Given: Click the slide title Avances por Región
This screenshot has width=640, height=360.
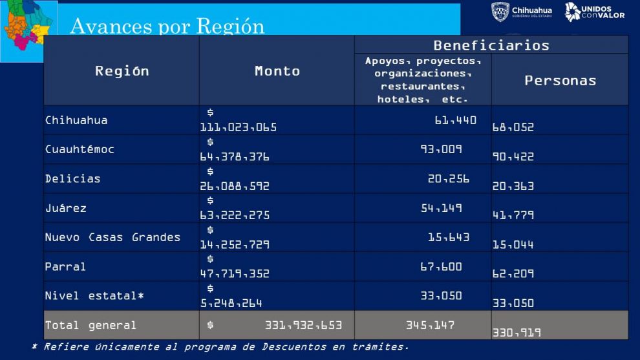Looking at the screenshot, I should pyautogui.click(x=167, y=26).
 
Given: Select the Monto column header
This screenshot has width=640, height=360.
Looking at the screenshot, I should pyautogui.click(x=277, y=71).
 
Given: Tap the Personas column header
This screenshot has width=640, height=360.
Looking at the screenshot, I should pyautogui.click(x=560, y=80).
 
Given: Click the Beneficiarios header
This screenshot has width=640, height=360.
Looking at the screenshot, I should pyautogui.click(x=491, y=45).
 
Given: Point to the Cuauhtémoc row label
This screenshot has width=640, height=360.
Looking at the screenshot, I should pyautogui.click(x=80, y=149).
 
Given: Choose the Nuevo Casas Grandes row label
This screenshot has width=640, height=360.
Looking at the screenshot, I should pyautogui.click(x=112, y=237).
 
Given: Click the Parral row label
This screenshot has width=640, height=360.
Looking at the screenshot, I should pyautogui.click(x=65, y=266).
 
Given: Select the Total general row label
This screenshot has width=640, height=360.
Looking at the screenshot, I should pyautogui.click(x=91, y=325).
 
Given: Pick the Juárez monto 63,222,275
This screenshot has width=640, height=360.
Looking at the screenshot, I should pyautogui.click(x=235, y=215).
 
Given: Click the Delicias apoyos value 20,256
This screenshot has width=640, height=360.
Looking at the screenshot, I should pyautogui.click(x=449, y=179).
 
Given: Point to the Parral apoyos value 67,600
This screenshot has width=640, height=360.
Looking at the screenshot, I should pyautogui.click(x=441, y=266).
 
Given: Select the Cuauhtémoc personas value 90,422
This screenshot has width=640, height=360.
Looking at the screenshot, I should pyautogui.click(x=513, y=156).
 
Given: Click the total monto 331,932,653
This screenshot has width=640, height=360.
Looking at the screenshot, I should pyautogui.click(x=303, y=325).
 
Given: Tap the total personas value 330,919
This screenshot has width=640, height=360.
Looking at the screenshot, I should pyautogui.click(x=517, y=333).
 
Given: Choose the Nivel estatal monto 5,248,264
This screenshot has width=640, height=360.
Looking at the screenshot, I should pyautogui.click(x=231, y=302).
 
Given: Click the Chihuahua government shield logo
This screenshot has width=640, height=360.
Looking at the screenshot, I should pyautogui.click(x=500, y=12).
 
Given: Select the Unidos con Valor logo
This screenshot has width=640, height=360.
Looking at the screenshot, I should pyautogui.click(x=594, y=12).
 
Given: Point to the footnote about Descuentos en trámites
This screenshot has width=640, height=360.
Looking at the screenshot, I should pyautogui.click(x=220, y=347).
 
